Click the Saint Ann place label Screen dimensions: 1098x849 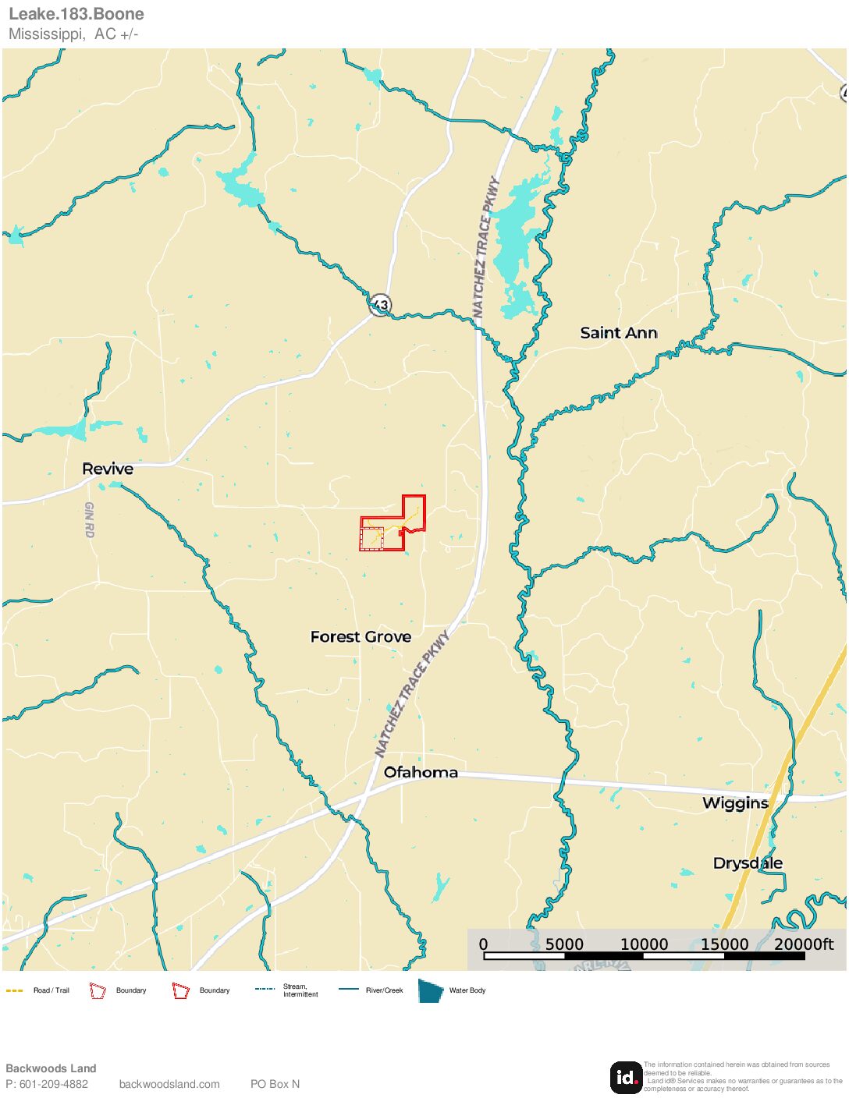point(618,333)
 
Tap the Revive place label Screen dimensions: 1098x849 point(108,469)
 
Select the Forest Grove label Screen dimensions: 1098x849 point(361,637)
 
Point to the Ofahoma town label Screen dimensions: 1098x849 point(421,772)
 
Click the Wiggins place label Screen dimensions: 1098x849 point(735,803)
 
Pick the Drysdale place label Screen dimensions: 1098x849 point(748,863)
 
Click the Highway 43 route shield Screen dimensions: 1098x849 point(380,304)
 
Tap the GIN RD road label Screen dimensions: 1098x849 point(89,519)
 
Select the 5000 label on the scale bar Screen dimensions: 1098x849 point(564,944)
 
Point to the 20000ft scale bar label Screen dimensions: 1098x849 point(804,944)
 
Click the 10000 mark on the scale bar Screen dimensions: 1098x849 point(644,944)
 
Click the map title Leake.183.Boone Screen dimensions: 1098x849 point(76,14)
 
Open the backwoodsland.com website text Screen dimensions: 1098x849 point(169,1084)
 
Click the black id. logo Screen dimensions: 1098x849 point(626,1077)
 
